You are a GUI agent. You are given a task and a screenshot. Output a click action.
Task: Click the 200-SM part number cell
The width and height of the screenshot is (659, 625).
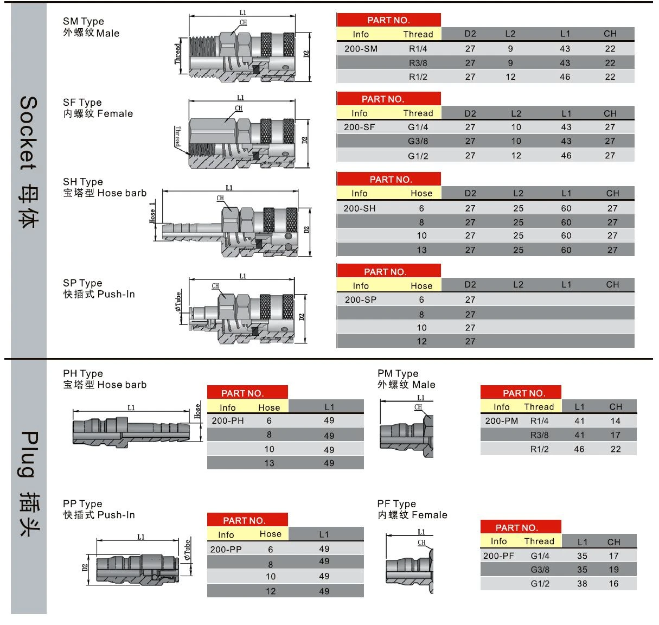click(x=361, y=49)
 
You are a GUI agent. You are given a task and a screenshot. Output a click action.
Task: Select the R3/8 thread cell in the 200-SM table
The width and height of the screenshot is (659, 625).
click(x=418, y=63)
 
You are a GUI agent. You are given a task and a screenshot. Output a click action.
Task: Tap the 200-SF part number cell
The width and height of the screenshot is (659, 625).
click(x=359, y=127)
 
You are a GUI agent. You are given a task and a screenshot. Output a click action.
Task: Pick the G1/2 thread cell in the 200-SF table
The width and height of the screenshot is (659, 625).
click(x=418, y=156)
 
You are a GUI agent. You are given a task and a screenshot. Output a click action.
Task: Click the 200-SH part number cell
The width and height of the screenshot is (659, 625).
click(x=360, y=208)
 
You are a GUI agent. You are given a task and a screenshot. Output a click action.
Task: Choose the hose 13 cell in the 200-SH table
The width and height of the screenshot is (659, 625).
click(x=421, y=250)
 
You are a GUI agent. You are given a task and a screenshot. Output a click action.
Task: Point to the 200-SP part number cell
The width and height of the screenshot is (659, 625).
click(x=360, y=299)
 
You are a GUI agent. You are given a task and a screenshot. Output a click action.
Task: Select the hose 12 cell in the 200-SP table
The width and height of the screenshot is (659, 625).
click(x=421, y=341)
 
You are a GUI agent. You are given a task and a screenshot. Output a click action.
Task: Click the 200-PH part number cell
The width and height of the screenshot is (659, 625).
click(x=228, y=420)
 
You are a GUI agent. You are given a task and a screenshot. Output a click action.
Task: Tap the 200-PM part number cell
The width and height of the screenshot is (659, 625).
click(x=502, y=421)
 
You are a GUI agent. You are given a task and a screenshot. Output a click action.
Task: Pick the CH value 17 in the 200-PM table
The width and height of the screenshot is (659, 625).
click(x=616, y=435)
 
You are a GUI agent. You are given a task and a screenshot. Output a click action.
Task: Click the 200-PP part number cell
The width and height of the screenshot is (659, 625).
click(x=226, y=549)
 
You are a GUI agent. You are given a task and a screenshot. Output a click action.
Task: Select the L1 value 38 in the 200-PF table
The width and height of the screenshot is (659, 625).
click(x=582, y=583)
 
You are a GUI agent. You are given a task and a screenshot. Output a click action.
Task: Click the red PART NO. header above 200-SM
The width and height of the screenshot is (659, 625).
click(x=388, y=20)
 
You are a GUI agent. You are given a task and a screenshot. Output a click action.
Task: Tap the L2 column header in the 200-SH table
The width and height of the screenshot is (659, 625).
click(x=518, y=193)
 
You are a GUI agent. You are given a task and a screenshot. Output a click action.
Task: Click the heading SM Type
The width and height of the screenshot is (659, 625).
click(x=84, y=22)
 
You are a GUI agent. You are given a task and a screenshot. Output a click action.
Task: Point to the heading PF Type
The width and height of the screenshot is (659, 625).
click(x=396, y=503)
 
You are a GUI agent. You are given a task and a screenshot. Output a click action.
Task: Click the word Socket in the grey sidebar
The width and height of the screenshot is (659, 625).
click(x=28, y=133)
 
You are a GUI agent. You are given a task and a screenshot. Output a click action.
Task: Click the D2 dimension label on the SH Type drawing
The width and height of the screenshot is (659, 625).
click(x=306, y=229)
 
